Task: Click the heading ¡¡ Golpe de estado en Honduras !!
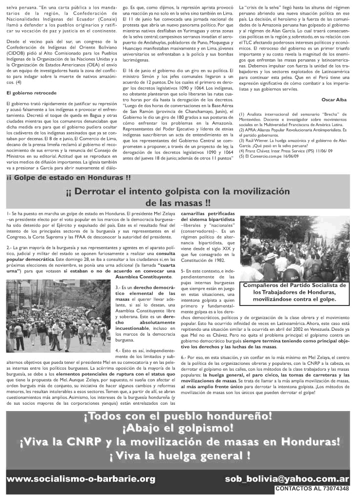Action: coord(69,178)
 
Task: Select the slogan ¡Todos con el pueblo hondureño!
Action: coord(178,416)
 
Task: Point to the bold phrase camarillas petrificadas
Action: coord(208,214)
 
